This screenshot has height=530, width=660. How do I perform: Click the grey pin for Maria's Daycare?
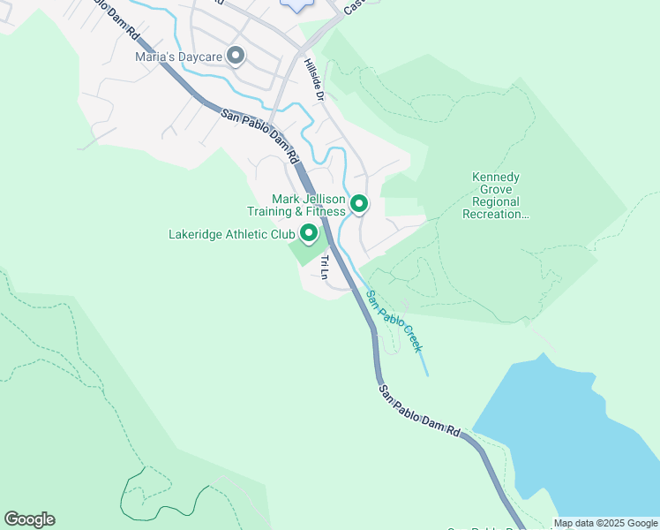(x=236, y=57)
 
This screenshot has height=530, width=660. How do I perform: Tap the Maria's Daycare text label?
(x=178, y=57)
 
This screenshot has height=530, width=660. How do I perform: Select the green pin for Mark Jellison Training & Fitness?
(x=359, y=204)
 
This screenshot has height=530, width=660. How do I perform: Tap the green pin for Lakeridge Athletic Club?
(x=309, y=233)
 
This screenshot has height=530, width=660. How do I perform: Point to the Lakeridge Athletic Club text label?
(x=231, y=235)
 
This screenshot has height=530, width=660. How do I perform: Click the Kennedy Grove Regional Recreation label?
(x=500, y=195)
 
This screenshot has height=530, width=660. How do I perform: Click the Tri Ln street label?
(x=325, y=267)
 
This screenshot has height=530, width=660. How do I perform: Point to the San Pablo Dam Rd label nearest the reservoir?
(x=420, y=409)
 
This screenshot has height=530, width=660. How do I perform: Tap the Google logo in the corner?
(x=29, y=519)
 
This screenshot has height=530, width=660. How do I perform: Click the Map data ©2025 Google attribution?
(x=605, y=523)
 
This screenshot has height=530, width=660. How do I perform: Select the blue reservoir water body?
(x=574, y=433)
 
